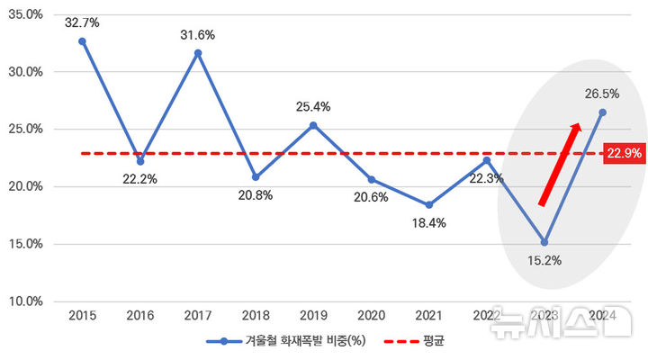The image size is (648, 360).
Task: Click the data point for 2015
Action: (83, 40)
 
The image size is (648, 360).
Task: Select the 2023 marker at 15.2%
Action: (544, 242)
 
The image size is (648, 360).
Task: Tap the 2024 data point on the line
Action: (602, 112)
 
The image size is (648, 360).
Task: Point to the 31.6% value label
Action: (198, 34)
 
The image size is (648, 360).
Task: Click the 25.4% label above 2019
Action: (313, 106)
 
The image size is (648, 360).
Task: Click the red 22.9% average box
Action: (624, 154)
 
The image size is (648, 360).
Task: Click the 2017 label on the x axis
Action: (198, 315)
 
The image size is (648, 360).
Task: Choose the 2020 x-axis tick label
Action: (371, 315)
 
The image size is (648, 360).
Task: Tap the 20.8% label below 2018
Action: (256, 195)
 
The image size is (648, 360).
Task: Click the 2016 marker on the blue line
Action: (140, 161)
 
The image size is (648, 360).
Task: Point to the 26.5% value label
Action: (602, 93)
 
